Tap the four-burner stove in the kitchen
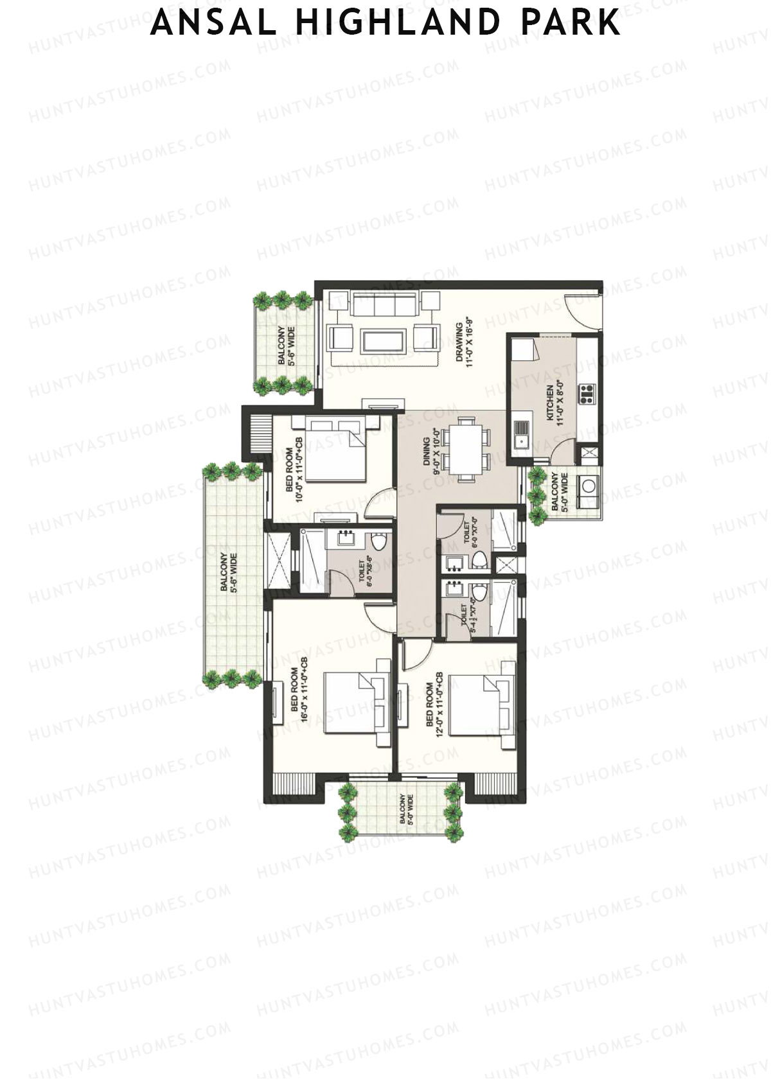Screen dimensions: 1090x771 pyautogui.click(x=587, y=393)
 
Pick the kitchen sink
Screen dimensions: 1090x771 pyautogui.click(x=521, y=434)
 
